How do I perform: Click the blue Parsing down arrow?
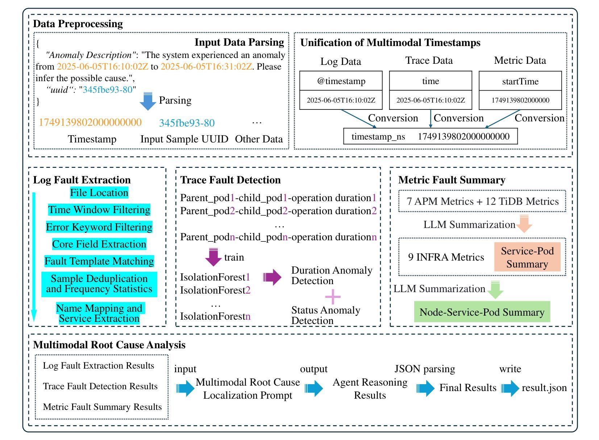[x=148, y=101]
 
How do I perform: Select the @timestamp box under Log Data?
[x=341, y=81]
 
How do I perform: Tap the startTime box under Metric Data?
[x=520, y=82]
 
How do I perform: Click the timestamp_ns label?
[x=378, y=137]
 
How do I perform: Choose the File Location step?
[x=99, y=193]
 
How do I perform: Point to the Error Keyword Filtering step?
[x=99, y=227]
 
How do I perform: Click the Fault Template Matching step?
[x=99, y=261]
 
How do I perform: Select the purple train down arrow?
[x=213, y=257]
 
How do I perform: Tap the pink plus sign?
[x=333, y=297]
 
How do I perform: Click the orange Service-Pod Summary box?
[x=527, y=257]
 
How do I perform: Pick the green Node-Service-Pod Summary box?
[x=482, y=312]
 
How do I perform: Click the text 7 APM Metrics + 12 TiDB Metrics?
[x=482, y=202]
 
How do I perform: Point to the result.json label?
[x=544, y=388]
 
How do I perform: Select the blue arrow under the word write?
[x=510, y=388]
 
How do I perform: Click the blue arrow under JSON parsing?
[x=425, y=388]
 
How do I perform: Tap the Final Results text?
[x=468, y=388]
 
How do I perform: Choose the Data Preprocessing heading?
[x=78, y=24]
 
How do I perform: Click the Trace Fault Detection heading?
[x=230, y=180]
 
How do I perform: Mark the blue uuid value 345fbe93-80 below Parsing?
[x=187, y=123]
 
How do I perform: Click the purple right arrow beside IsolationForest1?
[x=272, y=277]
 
